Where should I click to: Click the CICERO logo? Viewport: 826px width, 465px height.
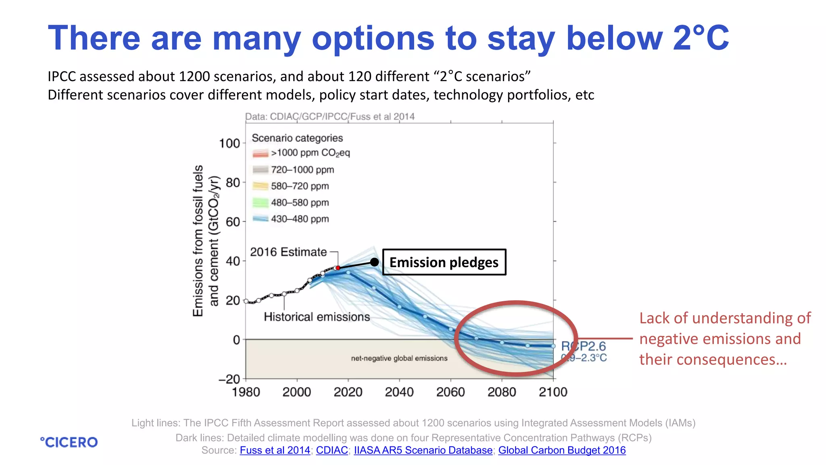click(69, 442)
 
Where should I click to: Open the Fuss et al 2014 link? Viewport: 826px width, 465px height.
click(275, 450)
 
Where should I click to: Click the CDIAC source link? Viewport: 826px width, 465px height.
click(332, 450)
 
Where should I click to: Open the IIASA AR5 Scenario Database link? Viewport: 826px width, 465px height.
click(423, 450)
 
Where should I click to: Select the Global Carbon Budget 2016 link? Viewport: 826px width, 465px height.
click(562, 450)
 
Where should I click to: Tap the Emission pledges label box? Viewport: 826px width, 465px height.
click(444, 262)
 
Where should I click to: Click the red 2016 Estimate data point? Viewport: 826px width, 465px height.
click(338, 268)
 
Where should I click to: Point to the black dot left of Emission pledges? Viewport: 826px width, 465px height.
click(374, 262)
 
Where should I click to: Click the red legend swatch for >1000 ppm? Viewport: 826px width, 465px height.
click(260, 153)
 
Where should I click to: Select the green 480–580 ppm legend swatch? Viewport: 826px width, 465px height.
click(260, 203)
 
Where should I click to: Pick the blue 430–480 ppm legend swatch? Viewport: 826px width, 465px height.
click(260, 219)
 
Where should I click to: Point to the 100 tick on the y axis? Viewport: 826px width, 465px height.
click(229, 143)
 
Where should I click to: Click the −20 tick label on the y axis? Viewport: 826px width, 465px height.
click(229, 379)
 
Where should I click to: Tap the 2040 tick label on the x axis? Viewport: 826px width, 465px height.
click(399, 392)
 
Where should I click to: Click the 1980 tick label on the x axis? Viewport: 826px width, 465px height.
click(246, 392)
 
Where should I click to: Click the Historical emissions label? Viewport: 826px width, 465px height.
click(317, 317)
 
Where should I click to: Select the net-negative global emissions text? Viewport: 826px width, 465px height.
click(399, 358)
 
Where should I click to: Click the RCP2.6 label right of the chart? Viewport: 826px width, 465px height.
click(584, 346)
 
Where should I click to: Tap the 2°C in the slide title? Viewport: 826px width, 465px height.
click(701, 38)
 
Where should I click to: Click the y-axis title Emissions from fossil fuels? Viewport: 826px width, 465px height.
click(198, 241)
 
